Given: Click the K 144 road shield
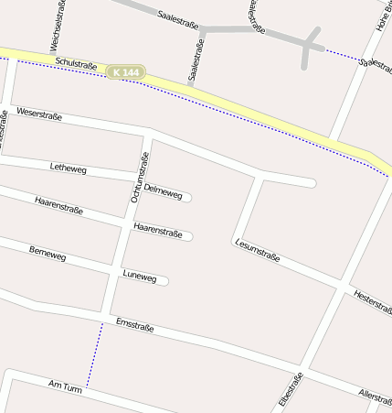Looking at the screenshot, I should pyautogui.click(x=125, y=71).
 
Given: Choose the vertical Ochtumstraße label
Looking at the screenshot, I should pyautogui.click(x=140, y=176).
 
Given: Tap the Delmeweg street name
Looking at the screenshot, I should pyautogui.click(x=162, y=191).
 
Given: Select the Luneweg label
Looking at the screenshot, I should pyautogui.click(x=140, y=276).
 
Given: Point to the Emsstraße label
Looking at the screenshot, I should pyautogui.click(x=135, y=325).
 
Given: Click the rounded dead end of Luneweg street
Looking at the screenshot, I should pyautogui.click(x=165, y=280).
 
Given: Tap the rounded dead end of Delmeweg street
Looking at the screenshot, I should pyautogui.click(x=187, y=196).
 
